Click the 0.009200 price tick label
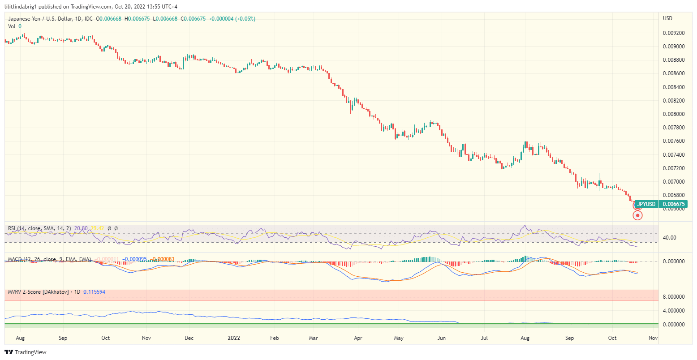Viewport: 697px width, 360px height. (673, 33)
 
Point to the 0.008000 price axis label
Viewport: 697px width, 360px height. (673, 114)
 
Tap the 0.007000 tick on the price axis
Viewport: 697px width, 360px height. (673, 182)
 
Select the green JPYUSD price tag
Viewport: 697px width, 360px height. (646, 204)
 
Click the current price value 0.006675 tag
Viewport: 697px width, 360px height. (674, 204)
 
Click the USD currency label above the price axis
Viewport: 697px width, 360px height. (667, 18)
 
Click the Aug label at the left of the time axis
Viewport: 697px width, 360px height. (20, 338)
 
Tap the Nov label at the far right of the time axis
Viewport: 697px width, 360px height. (653, 338)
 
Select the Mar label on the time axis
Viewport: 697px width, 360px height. (314, 338)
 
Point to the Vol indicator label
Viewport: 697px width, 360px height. (12, 26)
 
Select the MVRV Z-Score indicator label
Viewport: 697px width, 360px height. (39, 292)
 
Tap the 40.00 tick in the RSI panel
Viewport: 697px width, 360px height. (669, 238)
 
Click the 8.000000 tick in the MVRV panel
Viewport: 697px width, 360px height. (673, 296)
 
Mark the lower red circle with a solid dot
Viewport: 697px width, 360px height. (637, 215)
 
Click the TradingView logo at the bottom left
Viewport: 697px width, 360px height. (26, 352)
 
